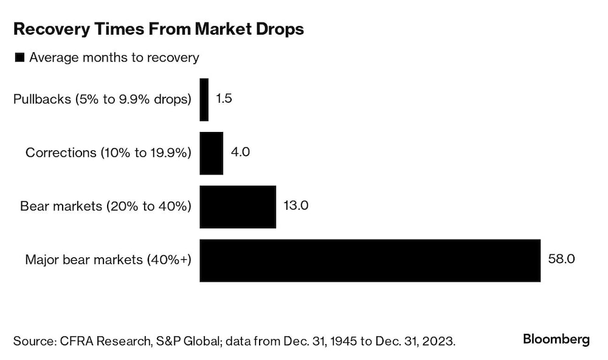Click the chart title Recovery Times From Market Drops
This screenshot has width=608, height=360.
[x=158, y=30]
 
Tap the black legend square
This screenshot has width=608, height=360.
[x=19, y=58]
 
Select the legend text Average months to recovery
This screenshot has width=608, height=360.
[x=114, y=58]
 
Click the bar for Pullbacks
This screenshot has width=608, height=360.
[x=204, y=99]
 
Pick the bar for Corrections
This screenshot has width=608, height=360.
[x=211, y=153]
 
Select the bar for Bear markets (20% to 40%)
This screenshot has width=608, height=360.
[x=238, y=207]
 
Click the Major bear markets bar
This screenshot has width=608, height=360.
[x=370, y=260]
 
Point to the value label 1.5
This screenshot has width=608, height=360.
[x=224, y=99]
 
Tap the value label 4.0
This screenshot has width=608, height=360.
[x=240, y=152]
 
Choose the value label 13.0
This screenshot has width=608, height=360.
[x=296, y=206]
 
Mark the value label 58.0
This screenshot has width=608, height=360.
[x=561, y=260]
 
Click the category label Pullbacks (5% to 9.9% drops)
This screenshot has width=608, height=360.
[x=102, y=99]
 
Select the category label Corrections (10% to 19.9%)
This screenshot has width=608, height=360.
[x=108, y=153]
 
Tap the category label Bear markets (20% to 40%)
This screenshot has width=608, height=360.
[x=106, y=207]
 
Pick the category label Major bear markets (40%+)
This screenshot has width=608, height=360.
[x=108, y=260]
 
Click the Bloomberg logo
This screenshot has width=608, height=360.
[x=556, y=339]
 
